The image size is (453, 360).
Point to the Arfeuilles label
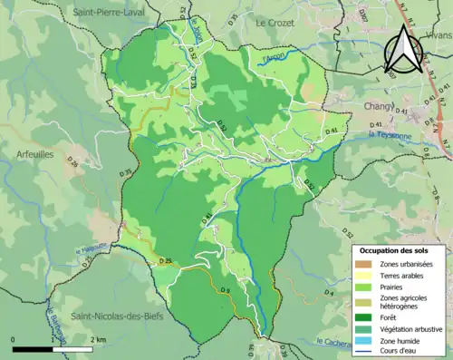click(35, 155)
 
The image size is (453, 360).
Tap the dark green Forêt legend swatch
click(362, 316)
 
